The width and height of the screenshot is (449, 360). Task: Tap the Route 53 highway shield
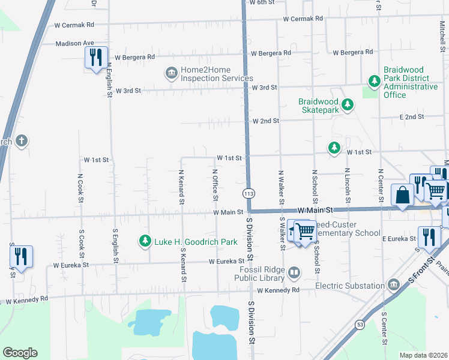click(360, 325)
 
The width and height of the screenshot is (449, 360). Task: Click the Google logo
click(19, 353)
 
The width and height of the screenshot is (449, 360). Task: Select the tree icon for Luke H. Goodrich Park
click(145, 241)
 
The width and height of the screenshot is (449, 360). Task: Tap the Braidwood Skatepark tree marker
click(347, 106)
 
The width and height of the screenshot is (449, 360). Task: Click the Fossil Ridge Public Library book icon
click(294, 274)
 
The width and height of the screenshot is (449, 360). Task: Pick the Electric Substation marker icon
click(393, 284)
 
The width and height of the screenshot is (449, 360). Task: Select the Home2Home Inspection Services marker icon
click(172, 73)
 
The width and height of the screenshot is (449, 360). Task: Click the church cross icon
click(22, 142)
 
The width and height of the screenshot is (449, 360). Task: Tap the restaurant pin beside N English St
click(95, 58)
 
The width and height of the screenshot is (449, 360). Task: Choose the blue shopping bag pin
click(402, 195)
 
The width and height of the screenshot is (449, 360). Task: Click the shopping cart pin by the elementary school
click(305, 230)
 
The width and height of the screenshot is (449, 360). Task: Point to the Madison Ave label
click(75, 43)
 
